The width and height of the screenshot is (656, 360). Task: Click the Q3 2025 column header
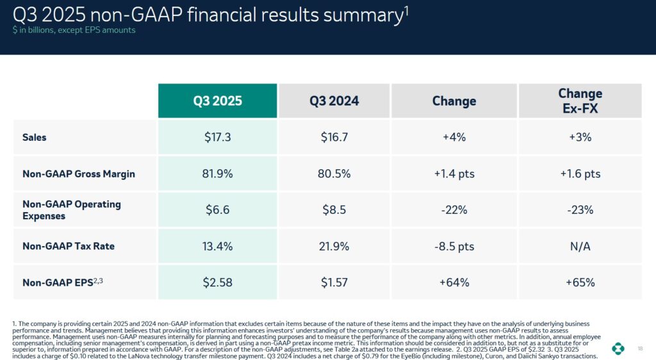point(218,101)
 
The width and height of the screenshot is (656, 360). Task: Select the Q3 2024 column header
point(334,101)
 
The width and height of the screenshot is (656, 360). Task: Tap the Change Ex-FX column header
point(580,101)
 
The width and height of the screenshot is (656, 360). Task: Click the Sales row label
point(35,137)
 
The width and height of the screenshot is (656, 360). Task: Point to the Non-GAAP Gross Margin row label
point(78,174)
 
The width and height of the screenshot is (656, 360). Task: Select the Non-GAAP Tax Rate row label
point(68,246)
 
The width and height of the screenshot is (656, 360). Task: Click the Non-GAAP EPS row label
point(63,282)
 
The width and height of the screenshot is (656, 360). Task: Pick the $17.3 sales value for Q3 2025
point(218,137)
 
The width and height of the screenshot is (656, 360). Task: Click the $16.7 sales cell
point(334,137)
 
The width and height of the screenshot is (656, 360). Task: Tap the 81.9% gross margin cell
point(218,174)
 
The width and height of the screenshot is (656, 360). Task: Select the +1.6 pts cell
point(580,174)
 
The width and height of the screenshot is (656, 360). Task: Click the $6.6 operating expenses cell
point(218,209)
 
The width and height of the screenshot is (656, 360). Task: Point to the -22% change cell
point(454,209)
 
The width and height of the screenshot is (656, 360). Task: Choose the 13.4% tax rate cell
point(218,246)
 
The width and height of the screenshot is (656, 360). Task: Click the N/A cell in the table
point(580,246)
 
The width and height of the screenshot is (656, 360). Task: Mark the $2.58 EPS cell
point(218,282)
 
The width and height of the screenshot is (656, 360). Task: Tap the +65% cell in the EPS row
point(580,282)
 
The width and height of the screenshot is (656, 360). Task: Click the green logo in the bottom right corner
point(618,348)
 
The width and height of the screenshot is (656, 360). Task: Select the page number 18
point(640,348)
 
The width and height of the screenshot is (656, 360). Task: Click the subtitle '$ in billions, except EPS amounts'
point(74,30)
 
